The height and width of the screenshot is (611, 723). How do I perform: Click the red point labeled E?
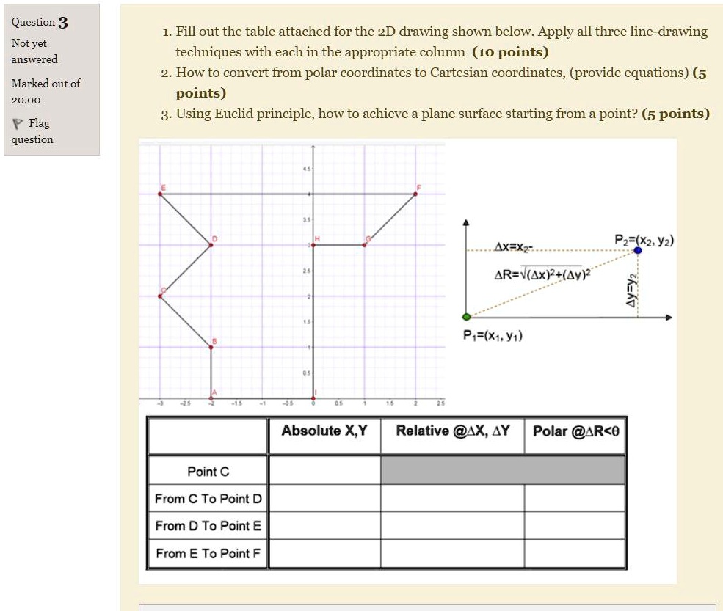click(x=160, y=194)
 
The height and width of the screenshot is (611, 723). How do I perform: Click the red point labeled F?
click(x=415, y=194)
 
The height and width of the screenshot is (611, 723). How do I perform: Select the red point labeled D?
click(x=211, y=245)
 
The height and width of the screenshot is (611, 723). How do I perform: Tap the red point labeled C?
click(x=160, y=296)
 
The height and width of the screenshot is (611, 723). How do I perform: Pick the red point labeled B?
click(x=211, y=347)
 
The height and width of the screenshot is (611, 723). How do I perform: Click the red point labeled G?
click(x=365, y=245)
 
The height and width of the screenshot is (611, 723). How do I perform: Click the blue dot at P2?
click(x=638, y=250)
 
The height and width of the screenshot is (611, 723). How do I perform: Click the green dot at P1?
click(x=467, y=317)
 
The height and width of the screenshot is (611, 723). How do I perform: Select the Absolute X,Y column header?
click(x=324, y=431)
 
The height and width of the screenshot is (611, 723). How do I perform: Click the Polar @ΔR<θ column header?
click(x=575, y=431)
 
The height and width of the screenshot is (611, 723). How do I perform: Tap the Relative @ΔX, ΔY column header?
click(x=452, y=431)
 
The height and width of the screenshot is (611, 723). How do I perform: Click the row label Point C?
click(x=208, y=471)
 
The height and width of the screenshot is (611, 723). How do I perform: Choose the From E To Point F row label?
click(x=208, y=554)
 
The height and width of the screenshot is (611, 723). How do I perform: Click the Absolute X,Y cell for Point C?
click(x=324, y=470)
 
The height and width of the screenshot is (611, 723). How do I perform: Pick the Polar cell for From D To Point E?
click(x=575, y=526)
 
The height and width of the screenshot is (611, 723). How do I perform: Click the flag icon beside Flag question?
click(x=18, y=123)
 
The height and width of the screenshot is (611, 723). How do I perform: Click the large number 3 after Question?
click(x=63, y=23)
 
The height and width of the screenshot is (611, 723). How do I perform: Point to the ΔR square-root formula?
click(x=542, y=273)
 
